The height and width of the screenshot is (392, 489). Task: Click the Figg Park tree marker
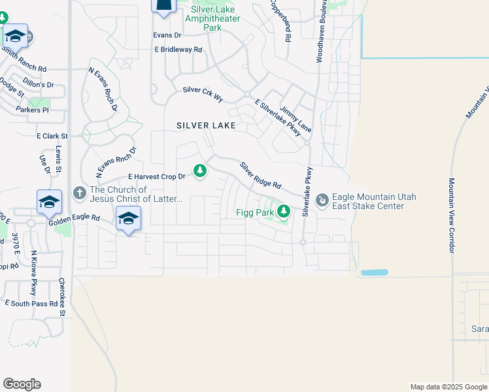(283, 211)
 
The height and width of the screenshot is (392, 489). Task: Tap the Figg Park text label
(255, 212)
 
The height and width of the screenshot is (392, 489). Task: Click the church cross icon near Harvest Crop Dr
(80, 193)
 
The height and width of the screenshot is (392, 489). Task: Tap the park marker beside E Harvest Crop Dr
(200, 172)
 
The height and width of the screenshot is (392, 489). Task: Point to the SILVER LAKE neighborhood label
(206, 125)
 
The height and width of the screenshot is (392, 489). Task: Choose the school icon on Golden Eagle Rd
(128, 218)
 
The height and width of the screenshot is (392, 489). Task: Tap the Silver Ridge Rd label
(260, 176)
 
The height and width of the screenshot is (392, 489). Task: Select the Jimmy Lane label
(295, 116)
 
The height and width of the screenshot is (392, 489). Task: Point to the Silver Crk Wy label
(203, 93)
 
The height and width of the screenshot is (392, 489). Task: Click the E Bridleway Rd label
(178, 50)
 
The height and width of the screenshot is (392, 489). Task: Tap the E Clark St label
(52, 136)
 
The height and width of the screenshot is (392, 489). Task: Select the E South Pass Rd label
(31, 304)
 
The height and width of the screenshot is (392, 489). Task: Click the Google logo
(22, 384)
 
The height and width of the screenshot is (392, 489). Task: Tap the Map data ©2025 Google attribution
(448, 387)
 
